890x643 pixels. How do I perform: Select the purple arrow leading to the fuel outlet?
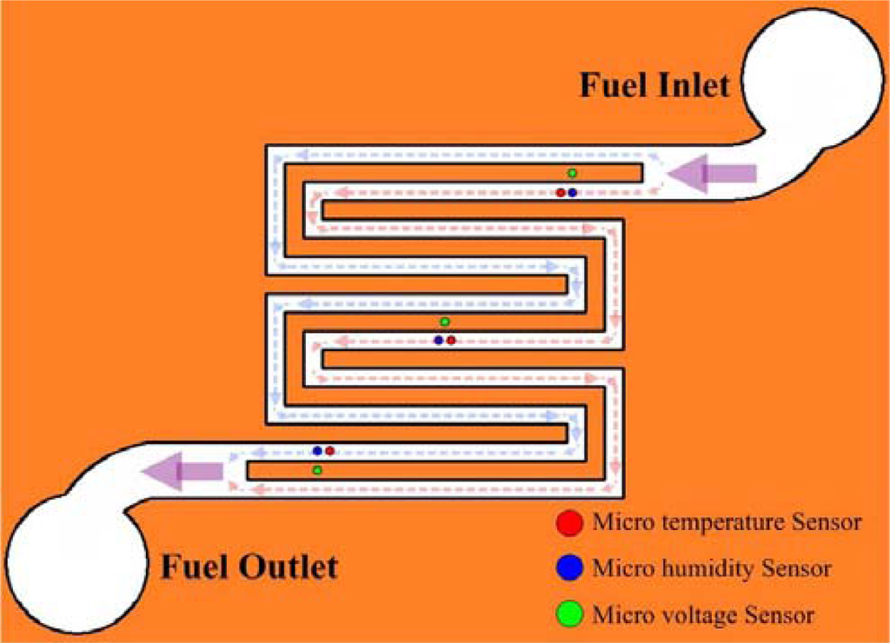pyautogui.click(x=183, y=471)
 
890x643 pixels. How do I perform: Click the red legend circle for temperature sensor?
pyautogui.click(x=568, y=523)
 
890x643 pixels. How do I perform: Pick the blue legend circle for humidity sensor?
pyautogui.click(x=568, y=569)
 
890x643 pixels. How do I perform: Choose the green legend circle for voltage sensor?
pyautogui.click(x=568, y=615)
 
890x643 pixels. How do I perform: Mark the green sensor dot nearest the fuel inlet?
pyautogui.click(x=572, y=173)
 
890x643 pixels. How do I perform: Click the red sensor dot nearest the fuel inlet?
pyautogui.click(x=561, y=192)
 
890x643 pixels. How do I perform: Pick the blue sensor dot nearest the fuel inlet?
pyautogui.click(x=573, y=192)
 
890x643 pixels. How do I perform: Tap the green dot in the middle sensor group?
pyautogui.click(x=445, y=322)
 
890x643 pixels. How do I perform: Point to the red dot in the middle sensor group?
pyautogui.click(x=451, y=340)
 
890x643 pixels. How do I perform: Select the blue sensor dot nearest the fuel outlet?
pyautogui.click(x=318, y=451)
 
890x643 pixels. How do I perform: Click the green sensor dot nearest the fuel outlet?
pyautogui.click(x=317, y=470)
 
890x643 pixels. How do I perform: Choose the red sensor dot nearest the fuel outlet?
pyautogui.click(x=330, y=451)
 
